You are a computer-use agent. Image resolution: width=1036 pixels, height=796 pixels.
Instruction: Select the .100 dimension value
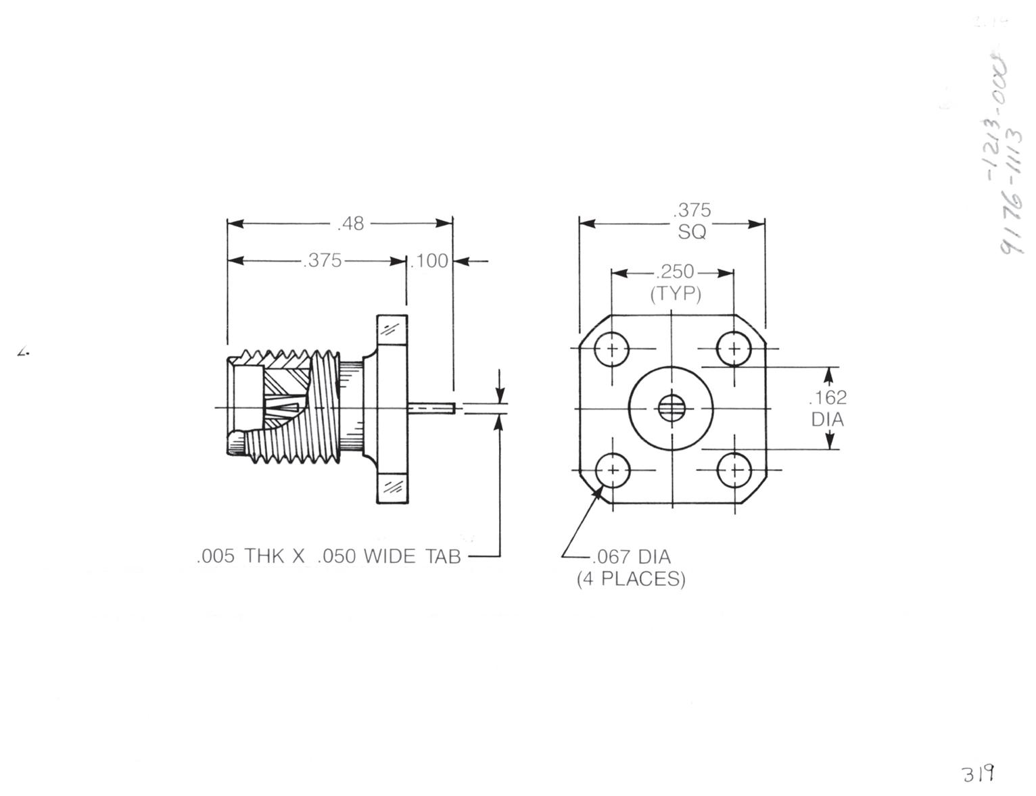[430, 261]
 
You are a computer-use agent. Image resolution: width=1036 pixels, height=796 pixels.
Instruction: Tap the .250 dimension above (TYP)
[674, 272]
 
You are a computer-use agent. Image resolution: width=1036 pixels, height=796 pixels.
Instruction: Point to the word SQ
[692, 232]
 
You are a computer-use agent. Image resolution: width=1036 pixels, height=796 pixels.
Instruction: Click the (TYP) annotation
[675, 295]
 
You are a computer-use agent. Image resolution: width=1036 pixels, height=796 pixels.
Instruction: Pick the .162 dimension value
[827, 397]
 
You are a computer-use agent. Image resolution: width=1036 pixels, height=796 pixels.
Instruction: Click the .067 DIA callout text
[630, 557]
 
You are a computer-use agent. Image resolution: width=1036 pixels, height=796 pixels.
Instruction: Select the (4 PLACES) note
[630, 580]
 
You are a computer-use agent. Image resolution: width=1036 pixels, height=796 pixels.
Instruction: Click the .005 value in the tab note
[215, 557]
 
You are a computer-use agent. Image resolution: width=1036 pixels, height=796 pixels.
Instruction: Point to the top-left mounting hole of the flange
[612, 349]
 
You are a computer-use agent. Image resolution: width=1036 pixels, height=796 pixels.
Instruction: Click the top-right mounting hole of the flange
[734, 349]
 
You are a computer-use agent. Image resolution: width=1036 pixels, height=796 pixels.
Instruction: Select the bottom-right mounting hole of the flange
[734, 470]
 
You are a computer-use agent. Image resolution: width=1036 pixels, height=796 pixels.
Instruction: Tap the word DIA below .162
[828, 420]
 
